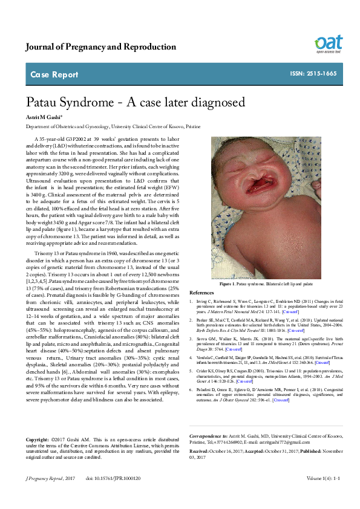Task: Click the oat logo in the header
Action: pos(329,43)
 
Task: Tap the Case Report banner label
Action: pos(54,75)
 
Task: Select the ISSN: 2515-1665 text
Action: pos(313,74)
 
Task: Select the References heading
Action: pos(202,291)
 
